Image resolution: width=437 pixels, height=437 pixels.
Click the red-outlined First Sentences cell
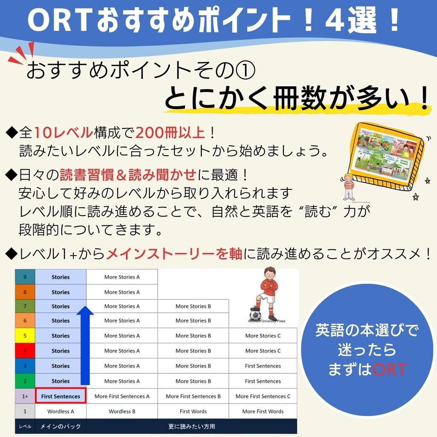coord(61,396)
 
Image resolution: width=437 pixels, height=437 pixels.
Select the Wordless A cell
coord(61,411)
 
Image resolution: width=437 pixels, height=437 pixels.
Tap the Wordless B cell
coord(122,411)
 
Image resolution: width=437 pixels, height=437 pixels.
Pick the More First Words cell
coord(263,411)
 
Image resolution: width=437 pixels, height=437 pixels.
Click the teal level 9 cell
coord(25,277)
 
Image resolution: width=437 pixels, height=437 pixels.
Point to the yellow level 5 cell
coord(25,336)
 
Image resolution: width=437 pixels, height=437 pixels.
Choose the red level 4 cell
coord(25,351)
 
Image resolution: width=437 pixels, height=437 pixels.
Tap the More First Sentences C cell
coord(263,396)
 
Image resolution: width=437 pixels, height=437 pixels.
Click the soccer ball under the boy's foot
coord(255,315)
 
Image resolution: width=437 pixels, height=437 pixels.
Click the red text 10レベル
coord(63,133)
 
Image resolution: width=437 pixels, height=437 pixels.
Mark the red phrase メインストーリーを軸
coord(174,254)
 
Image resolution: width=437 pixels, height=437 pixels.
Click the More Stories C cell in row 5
coord(263,336)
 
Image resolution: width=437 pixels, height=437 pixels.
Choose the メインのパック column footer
coord(61,426)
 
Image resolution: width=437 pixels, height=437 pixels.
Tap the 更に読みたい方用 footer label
coord(192,426)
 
